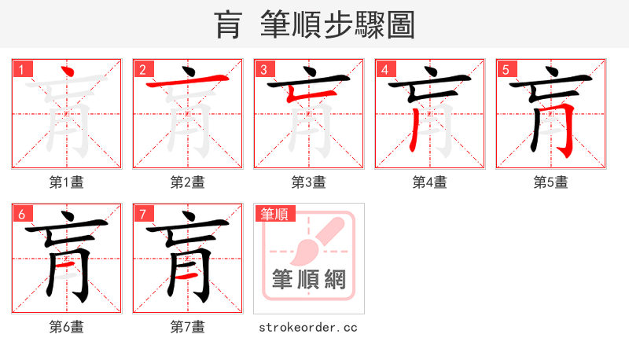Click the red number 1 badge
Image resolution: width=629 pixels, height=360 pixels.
(21, 69)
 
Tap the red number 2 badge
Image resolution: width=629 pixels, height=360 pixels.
(142, 69)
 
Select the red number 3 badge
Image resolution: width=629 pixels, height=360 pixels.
(263, 69)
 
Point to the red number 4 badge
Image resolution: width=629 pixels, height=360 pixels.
(384, 69)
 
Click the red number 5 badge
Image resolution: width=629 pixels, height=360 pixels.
(506, 69)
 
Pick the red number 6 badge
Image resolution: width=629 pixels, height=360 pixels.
(21, 214)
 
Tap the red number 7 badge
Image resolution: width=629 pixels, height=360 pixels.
(142, 214)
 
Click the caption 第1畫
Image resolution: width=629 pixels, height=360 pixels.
(67, 182)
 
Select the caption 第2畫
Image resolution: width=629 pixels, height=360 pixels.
(188, 182)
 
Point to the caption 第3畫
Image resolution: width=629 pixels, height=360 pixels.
(309, 182)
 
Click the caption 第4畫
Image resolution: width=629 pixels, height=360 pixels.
(430, 182)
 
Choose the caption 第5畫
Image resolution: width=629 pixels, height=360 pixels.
(551, 182)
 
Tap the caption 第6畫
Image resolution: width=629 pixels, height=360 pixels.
(67, 327)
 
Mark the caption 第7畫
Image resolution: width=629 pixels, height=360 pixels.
(188, 327)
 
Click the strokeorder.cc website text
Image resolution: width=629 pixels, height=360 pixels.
(308, 327)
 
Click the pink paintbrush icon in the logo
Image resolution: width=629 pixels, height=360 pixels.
(314, 240)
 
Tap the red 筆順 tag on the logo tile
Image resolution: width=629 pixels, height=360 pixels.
(274, 214)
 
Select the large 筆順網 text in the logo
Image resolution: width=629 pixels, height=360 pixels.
(309, 279)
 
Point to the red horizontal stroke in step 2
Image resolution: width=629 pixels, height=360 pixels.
(186, 83)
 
